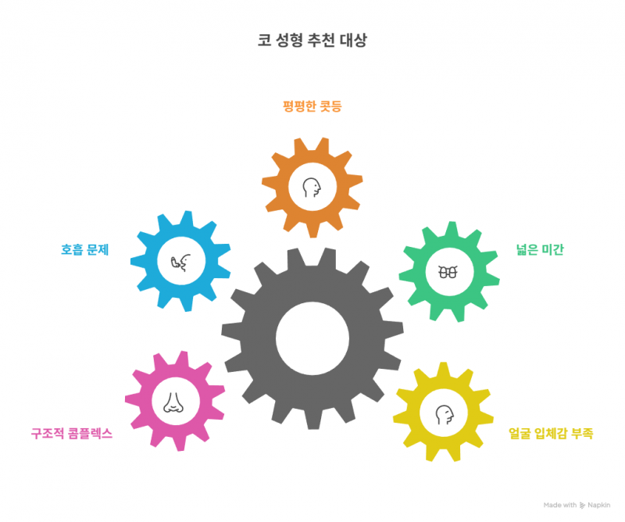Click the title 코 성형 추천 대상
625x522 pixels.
pyautogui.click(x=312, y=41)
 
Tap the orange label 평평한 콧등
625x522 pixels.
pyautogui.click(x=312, y=106)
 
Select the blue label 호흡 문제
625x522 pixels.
pyautogui.click(x=85, y=249)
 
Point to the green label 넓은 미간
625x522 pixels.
pyautogui.click(x=540, y=249)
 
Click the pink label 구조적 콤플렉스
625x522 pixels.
pyautogui.click(x=72, y=433)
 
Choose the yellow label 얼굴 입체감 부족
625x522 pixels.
pyautogui.click(x=551, y=433)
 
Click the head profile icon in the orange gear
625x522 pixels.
pyautogui.click(x=312, y=188)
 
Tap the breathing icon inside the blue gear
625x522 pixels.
pyautogui.click(x=181, y=263)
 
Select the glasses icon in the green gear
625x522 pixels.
pyautogui.click(x=448, y=273)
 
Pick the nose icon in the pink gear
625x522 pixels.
pyautogui.click(x=173, y=402)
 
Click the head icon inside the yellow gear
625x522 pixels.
pyautogui.click(x=445, y=415)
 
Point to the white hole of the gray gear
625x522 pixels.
pyautogui.click(x=312, y=338)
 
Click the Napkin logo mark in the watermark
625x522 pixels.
pyautogui.click(x=582, y=506)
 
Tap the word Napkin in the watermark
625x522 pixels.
pyautogui.click(x=598, y=506)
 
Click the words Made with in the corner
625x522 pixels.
pyautogui.click(x=560, y=506)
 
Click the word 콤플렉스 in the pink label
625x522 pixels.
pyautogui.click(x=91, y=433)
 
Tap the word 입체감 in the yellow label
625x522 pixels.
pyautogui.click(x=551, y=433)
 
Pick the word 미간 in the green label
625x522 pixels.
pyautogui.click(x=553, y=249)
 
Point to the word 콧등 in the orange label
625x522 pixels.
pyautogui.click(x=330, y=106)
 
